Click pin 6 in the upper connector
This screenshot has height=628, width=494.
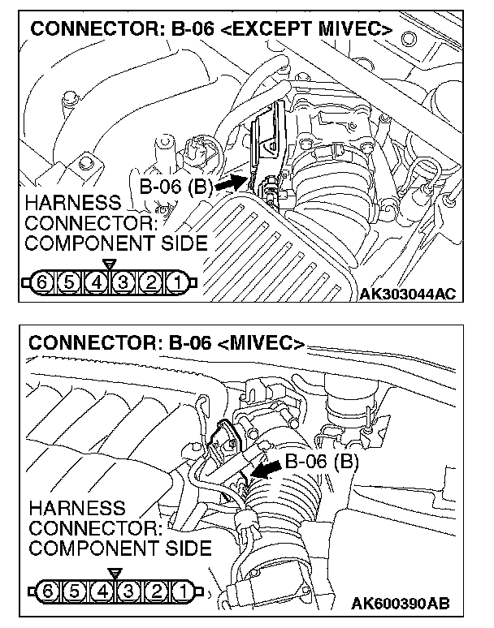[x=42, y=283]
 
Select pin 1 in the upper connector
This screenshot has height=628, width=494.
[x=175, y=283]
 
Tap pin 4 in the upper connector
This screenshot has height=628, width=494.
[x=96, y=283]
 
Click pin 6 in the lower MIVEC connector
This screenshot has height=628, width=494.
[x=50, y=589]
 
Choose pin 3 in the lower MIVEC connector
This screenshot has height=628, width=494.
[x=128, y=589]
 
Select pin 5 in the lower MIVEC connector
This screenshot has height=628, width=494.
[x=76, y=589]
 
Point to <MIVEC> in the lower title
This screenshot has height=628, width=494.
[x=259, y=342]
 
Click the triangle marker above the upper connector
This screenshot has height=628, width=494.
[x=110, y=265]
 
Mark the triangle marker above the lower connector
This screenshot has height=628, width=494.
[x=115, y=570]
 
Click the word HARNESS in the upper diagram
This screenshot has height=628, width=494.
[x=72, y=202]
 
